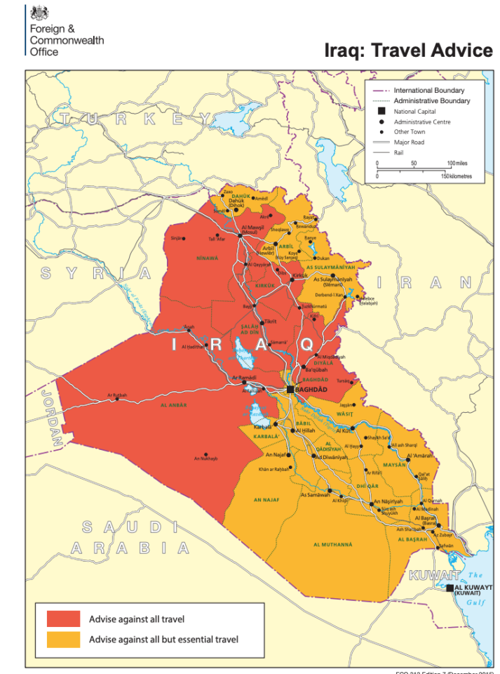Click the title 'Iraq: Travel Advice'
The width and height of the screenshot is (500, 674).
(409, 51)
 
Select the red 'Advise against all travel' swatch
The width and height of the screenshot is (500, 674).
(63, 619)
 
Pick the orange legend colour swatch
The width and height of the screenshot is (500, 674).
(63, 639)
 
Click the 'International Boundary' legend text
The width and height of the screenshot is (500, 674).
(428, 91)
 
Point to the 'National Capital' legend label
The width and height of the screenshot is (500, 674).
(414, 111)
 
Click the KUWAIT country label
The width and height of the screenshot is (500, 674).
(428, 576)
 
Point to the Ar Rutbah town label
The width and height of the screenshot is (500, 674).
(117, 395)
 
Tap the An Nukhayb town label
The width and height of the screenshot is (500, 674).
(205, 459)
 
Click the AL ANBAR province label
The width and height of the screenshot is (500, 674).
(173, 405)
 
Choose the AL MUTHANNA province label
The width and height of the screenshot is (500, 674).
(333, 544)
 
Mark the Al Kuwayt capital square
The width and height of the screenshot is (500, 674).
(450, 588)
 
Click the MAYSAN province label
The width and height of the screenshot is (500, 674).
(395, 465)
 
